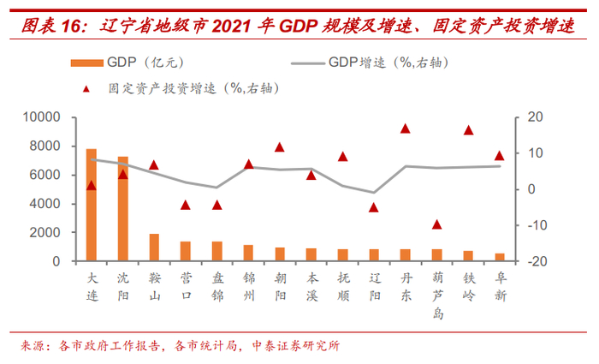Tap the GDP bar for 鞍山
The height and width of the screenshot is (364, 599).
point(154,248)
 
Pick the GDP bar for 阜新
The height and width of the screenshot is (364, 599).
point(500,257)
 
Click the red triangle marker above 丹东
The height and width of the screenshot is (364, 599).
point(406,128)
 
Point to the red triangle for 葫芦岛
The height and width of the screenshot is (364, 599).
point(436,224)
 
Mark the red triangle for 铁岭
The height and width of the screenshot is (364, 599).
point(468,130)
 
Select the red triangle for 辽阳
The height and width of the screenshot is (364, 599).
point(374,207)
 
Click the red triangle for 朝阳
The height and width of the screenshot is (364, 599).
point(280,147)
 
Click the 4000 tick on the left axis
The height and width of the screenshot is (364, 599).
point(44,204)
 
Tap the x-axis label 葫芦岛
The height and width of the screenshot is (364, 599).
point(436,295)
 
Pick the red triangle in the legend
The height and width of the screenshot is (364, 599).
point(88,87)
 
